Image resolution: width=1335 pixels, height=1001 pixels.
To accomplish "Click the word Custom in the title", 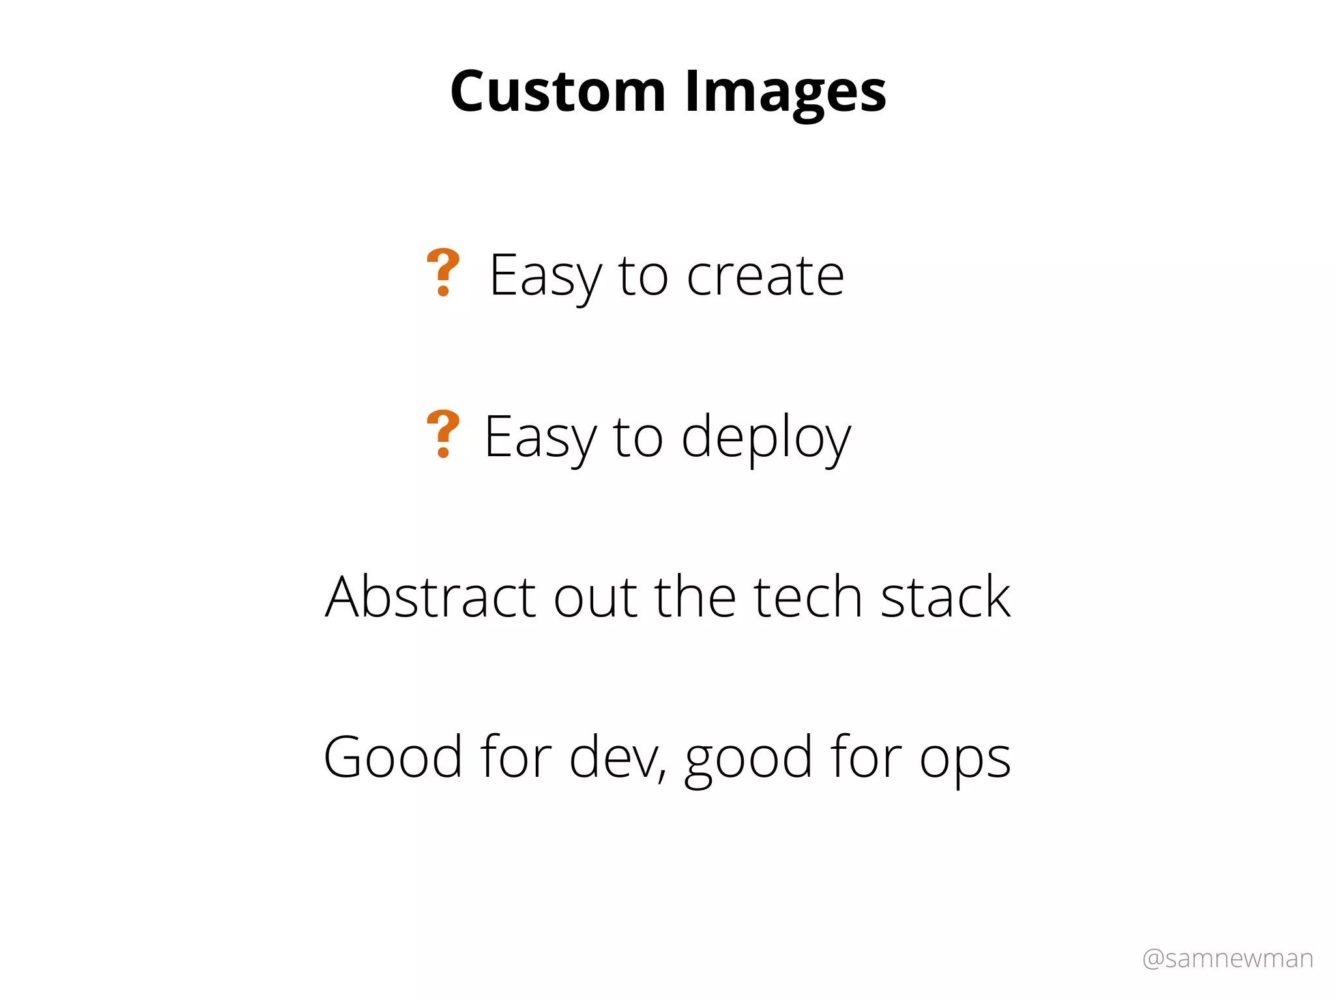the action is click(x=558, y=91).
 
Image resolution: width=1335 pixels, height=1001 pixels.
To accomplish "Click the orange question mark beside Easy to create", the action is click(x=443, y=272).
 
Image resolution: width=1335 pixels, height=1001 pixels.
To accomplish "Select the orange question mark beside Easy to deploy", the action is click(x=443, y=434).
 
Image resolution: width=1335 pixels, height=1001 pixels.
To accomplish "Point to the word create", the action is click(x=765, y=276).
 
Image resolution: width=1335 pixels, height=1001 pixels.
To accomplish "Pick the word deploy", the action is click(x=766, y=438).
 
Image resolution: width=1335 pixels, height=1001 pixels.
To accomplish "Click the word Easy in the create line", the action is click(x=545, y=276).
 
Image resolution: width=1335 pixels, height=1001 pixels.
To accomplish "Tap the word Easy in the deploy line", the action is click(x=540, y=438).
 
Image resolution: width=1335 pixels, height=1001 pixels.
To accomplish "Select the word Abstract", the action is click(x=430, y=597).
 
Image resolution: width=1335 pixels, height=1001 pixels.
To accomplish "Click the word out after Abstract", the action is click(x=595, y=598).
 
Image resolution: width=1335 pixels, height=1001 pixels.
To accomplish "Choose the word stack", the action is click(x=946, y=597).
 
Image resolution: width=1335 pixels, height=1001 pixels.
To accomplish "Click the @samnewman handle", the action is click(x=1227, y=959).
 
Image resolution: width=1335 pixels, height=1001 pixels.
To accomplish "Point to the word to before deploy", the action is click(x=638, y=438).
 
